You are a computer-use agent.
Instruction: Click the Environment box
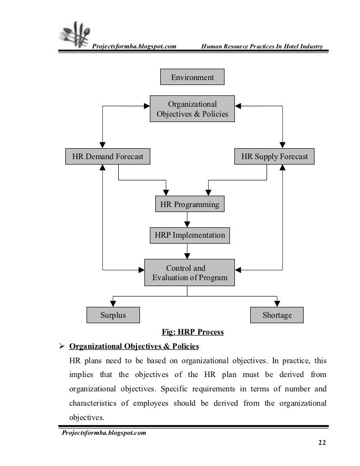pos(192,78)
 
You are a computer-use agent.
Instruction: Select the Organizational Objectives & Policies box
pos(192,109)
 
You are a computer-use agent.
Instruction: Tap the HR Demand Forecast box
pos(108,157)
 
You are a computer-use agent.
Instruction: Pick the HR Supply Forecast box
pos(274,157)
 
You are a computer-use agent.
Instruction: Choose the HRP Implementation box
pos(190,235)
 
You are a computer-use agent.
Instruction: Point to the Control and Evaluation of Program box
pos(190,273)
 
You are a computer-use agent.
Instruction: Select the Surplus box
pos(113,315)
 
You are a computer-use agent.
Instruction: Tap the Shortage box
pos(277,315)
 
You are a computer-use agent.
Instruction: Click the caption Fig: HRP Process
pos(193,332)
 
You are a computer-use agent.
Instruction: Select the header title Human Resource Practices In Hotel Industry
pos(262,47)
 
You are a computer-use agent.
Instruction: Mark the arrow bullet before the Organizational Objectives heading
pos(62,345)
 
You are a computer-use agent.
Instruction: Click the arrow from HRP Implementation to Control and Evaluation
pos(187,251)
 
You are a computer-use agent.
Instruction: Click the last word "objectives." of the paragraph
pos(87,417)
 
